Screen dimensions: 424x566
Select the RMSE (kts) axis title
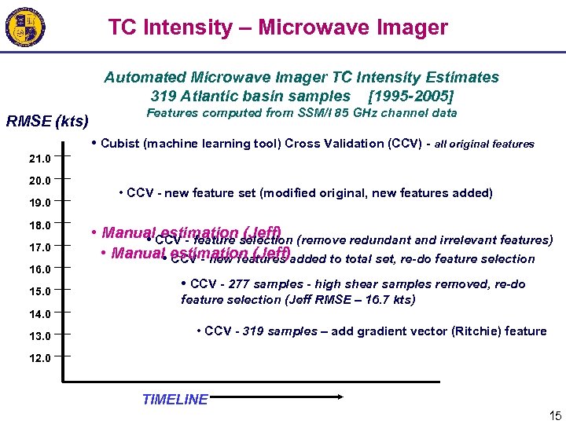click(x=47, y=122)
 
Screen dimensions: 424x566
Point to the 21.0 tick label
click(x=39, y=159)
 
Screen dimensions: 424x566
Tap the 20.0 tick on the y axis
click(x=39, y=181)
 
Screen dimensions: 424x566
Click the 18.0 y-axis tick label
click(x=39, y=225)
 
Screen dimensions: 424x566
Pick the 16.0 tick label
click(x=39, y=269)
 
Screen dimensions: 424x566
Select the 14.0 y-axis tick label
click(x=39, y=314)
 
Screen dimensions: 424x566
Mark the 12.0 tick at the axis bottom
click(x=39, y=358)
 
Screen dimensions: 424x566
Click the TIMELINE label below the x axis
click(x=175, y=400)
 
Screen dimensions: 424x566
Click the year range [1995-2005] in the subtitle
click(x=411, y=97)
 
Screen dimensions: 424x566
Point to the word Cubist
click(x=120, y=144)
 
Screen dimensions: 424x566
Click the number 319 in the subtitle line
click(x=164, y=97)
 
